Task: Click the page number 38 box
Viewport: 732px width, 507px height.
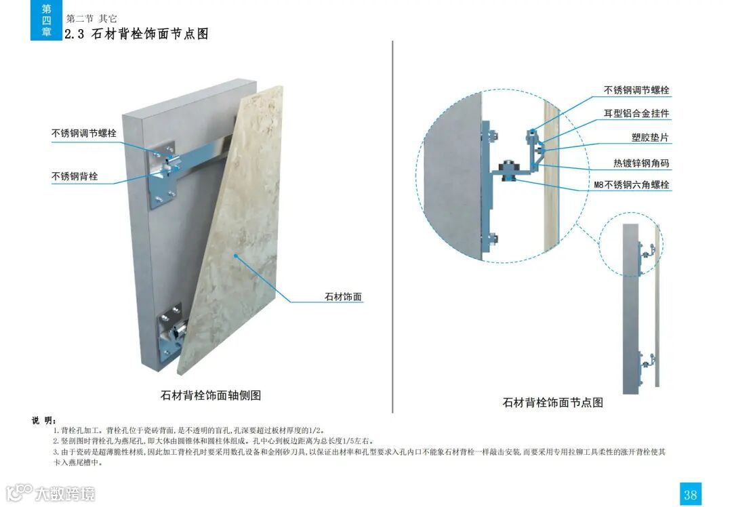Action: pos(690,493)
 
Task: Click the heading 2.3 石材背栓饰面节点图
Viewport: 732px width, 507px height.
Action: pos(136,34)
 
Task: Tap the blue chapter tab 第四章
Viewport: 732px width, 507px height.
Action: pos(46,20)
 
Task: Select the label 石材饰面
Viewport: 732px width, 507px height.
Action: pos(344,297)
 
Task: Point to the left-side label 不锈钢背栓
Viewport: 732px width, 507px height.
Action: pos(75,177)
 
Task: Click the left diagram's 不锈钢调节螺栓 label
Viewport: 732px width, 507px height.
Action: pos(84,134)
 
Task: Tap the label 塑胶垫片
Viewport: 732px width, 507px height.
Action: pos(650,138)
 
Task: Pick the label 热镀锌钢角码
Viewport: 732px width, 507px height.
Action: pos(641,163)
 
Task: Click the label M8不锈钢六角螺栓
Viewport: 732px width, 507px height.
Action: pos(632,184)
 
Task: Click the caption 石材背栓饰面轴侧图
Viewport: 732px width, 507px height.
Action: pos(211,395)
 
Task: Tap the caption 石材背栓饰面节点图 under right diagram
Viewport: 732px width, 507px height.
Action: pos(552,402)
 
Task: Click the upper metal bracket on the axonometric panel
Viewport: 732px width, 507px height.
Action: pos(165,172)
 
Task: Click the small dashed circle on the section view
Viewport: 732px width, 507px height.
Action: pos(631,244)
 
